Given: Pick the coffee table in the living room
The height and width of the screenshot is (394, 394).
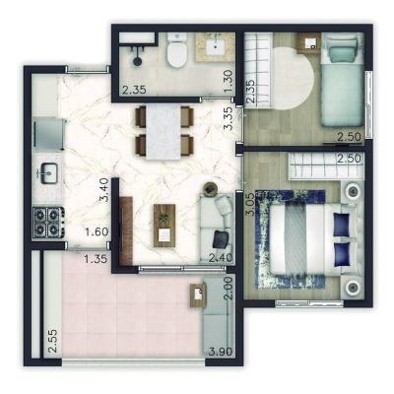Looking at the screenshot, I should click(164, 225).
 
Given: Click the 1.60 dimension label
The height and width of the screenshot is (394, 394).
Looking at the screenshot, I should click(97, 232).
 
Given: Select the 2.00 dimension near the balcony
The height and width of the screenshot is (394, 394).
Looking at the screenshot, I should click(228, 289).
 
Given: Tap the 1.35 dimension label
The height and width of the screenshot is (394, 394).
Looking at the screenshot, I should click(97, 260).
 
